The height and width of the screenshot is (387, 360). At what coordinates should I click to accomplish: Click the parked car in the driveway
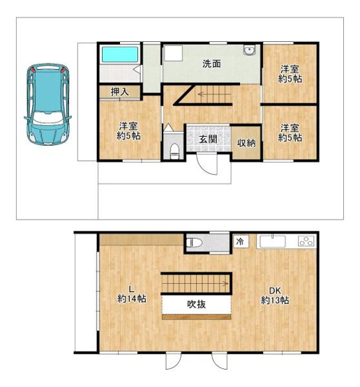tap(47, 105)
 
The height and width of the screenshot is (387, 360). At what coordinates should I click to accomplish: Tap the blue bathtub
tap(120, 54)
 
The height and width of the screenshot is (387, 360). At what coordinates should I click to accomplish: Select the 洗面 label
tap(211, 64)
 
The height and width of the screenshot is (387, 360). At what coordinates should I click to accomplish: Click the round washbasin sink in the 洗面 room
tap(249, 50)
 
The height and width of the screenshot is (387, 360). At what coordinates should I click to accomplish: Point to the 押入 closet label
tap(120, 92)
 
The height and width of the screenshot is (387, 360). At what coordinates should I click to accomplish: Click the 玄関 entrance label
tap(208, 139)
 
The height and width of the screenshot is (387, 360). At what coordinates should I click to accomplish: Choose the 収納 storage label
tap(246, 143)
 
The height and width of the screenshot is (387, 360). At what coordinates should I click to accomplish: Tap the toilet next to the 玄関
tap(174, 151)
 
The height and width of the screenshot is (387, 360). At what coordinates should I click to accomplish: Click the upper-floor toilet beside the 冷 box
tap(195, 243)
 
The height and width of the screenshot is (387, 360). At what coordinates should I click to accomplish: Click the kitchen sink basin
tap(273, 241)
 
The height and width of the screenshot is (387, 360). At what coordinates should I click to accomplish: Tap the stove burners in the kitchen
tap(307, 241)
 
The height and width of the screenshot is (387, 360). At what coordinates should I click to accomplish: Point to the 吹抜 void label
tap(197, 304)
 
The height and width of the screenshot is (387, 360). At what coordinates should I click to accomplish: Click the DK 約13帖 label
tap(275, 296)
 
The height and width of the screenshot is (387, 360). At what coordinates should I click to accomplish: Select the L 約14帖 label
tap(131, 294)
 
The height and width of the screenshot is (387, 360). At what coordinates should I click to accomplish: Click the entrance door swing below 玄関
tap(207, 164)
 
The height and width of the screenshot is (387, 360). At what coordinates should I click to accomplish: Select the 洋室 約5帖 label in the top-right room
tap(290, 74)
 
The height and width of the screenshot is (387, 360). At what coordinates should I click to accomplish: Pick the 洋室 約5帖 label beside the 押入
tap(128, 131)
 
